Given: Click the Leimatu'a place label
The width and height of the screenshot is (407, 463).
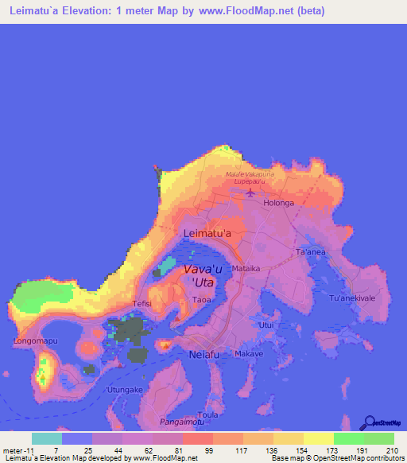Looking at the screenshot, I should click(207, 233).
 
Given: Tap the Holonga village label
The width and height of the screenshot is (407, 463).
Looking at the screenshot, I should click(279, 203).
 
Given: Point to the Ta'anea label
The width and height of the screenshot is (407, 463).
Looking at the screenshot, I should click(311, 252).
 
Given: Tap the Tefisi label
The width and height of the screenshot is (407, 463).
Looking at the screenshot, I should click(141, 303).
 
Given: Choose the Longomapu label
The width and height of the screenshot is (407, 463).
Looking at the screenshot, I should click(34, 341).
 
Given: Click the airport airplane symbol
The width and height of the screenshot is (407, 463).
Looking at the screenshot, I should click(252, 193).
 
